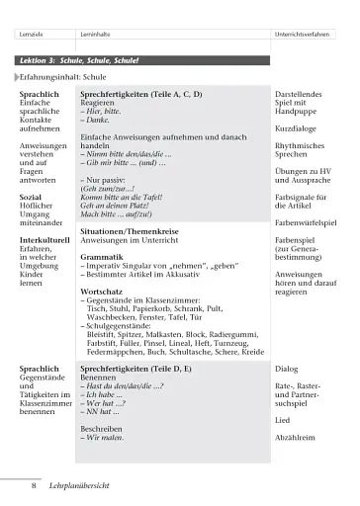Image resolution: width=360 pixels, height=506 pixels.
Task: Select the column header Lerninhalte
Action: [x=97, y=36]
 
